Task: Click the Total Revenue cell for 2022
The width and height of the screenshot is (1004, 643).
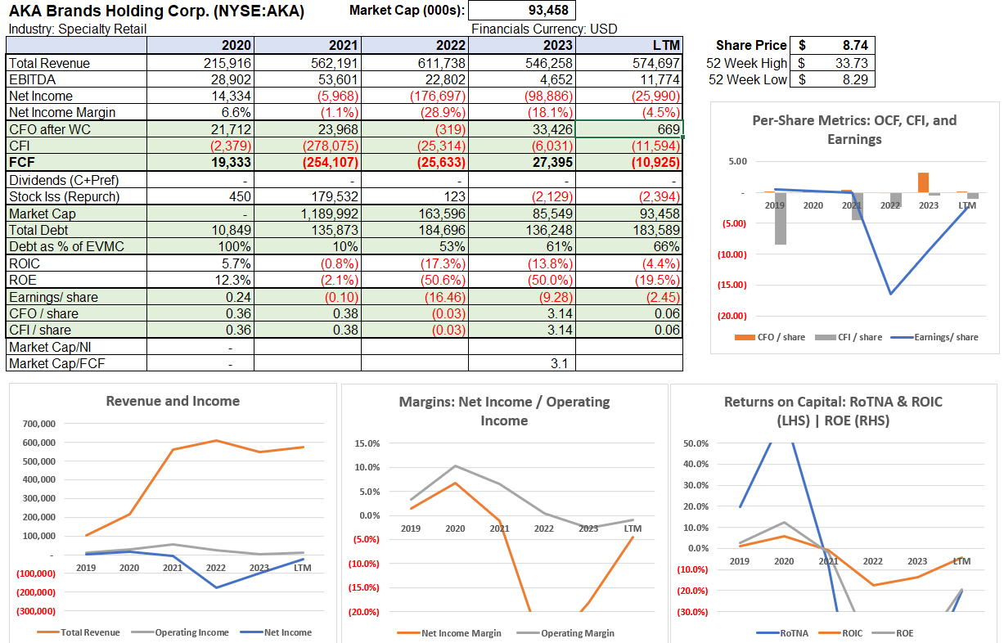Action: pyautogui.click(x=441, y=63)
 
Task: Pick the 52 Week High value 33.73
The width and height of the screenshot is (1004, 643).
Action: pyautogui.click(x=851, y=63)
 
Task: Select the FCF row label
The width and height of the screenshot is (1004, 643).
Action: pyautogui.click(x=21, y=163)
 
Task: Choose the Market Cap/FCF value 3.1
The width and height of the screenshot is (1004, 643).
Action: pyautogui.click(x=559, y=363)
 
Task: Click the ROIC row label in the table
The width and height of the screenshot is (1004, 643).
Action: pyautogui.click(x=25, y=263)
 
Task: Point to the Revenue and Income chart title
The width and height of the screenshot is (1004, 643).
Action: pyautogui.click(x=173, y=401)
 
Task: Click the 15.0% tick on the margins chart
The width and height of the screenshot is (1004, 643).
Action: pyautogui.click(x=367, y=443)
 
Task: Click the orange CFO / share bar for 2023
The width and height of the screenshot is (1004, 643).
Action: pyautogui.click(x=923, y=182)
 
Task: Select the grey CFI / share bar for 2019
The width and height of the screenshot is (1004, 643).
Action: pyautogui.click(x=781, y=218)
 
